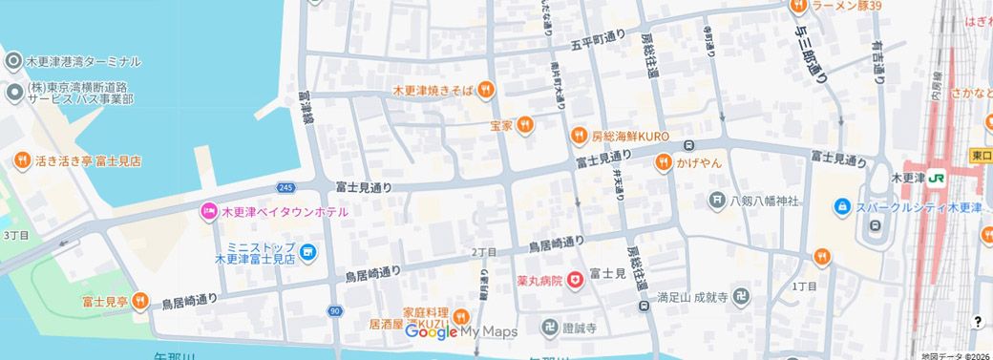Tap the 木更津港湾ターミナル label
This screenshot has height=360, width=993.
(84, 61)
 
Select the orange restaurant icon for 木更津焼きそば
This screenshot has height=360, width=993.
(485, 90)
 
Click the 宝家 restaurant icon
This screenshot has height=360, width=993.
(524, 126)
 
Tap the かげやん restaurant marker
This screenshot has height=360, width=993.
(663, 163)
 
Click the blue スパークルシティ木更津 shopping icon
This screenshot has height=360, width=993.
(841, 206)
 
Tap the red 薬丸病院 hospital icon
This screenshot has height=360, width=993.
(575, 280)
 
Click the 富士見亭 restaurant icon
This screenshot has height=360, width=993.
(139, 302)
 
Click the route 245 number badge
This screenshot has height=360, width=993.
(286, 187)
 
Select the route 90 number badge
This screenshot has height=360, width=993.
(333, 311)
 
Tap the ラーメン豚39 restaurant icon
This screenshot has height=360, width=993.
(800, 7)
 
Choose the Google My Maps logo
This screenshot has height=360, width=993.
(461, 331)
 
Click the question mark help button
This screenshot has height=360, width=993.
(977, 322)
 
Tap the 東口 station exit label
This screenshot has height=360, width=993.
(981, 156)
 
